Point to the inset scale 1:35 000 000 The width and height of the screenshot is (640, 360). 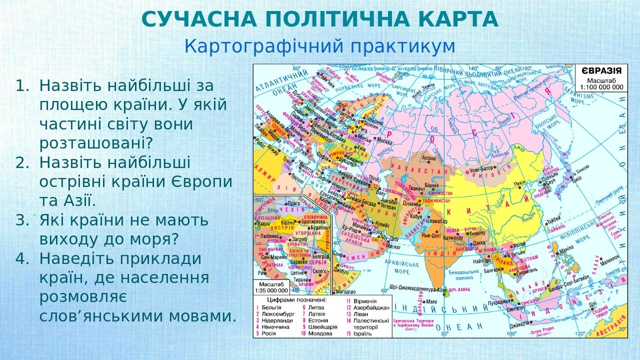click(271, 289)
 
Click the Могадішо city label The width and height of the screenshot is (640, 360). click(345, 291)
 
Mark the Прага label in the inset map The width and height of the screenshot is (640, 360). click(292, 203)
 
